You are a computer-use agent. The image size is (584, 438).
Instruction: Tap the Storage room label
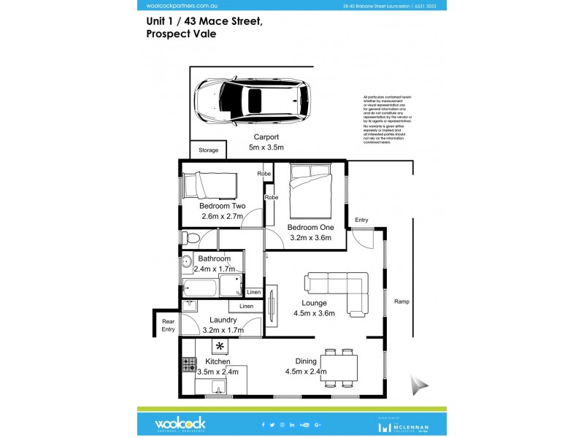[x=208, y=150]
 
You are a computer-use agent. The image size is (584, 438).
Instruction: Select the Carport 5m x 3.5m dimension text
[x=266, y=142]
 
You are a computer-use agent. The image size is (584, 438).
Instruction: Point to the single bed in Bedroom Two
[x=210, y=185]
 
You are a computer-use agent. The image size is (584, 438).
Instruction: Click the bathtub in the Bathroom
[x=199, y=288]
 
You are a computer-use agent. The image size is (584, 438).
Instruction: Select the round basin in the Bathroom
[x=186, y=261]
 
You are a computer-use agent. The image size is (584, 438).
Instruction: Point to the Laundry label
[x=223, y=320]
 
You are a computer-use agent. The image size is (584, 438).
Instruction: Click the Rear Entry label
[x=168, y=325]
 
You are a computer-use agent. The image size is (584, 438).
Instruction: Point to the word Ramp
[x=401, y=301]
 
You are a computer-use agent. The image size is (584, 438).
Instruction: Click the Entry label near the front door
[x=361, y=220]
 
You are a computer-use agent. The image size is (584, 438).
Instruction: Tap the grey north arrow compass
[x=419, y=385]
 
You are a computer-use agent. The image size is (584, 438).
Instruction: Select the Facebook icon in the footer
[x=264, y=424]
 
